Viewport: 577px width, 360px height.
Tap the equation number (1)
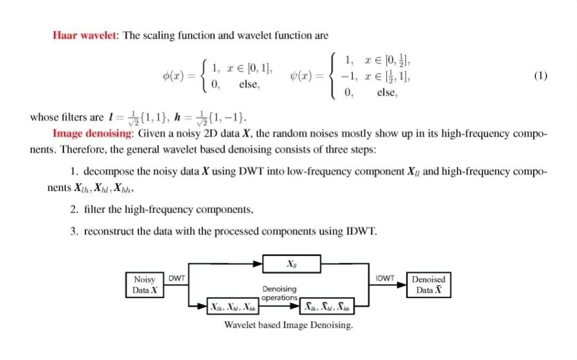pos(540,76)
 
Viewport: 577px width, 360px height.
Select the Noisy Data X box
pos(144,285)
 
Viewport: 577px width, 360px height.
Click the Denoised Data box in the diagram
pos(428,285)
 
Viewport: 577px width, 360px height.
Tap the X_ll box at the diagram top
pos(292,264)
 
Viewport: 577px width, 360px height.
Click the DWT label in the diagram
pos(177,278)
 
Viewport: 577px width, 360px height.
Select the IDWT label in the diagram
pos(385,278)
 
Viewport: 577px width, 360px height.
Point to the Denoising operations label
pos(279,293)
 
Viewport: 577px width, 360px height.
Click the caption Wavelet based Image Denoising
pos(288,325)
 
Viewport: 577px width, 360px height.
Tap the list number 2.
pos(74,209)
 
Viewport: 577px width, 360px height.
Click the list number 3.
pos(74,231)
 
